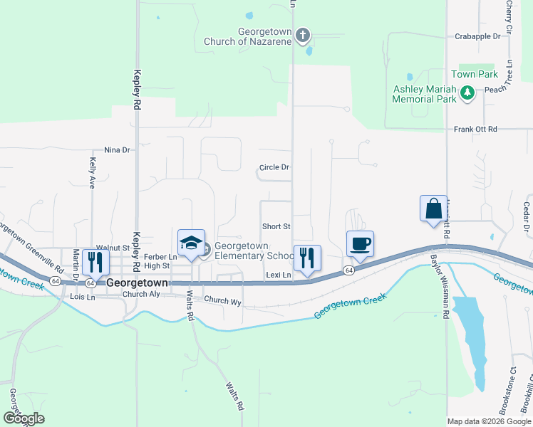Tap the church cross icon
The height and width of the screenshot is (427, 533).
pos(303,34)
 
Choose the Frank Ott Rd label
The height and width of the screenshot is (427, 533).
pos(475,130)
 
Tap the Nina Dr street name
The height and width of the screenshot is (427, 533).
pos(118,150)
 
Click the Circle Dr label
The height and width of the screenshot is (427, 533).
pos(274,168)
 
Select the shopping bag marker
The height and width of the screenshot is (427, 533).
pos(433,209)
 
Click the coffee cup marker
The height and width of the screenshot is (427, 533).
pos(360,244)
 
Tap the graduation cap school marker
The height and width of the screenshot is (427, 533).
pos(191,243)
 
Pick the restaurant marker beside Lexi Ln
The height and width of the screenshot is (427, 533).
pos(308,258)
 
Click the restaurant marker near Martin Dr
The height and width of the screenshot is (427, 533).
pos(95,263)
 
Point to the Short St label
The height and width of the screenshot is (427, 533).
pos(276,226)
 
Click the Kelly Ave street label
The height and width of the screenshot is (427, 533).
pos(92,173)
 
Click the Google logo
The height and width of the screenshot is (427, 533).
pos(23,418)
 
